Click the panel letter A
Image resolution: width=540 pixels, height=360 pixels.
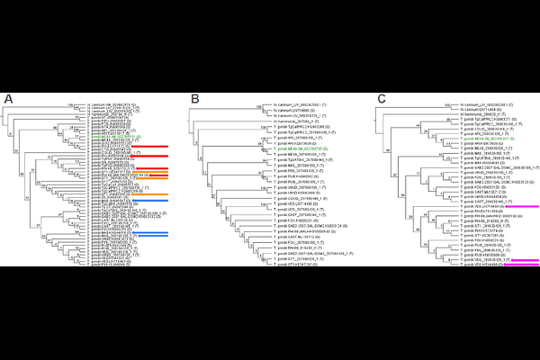tap(8, 97)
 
